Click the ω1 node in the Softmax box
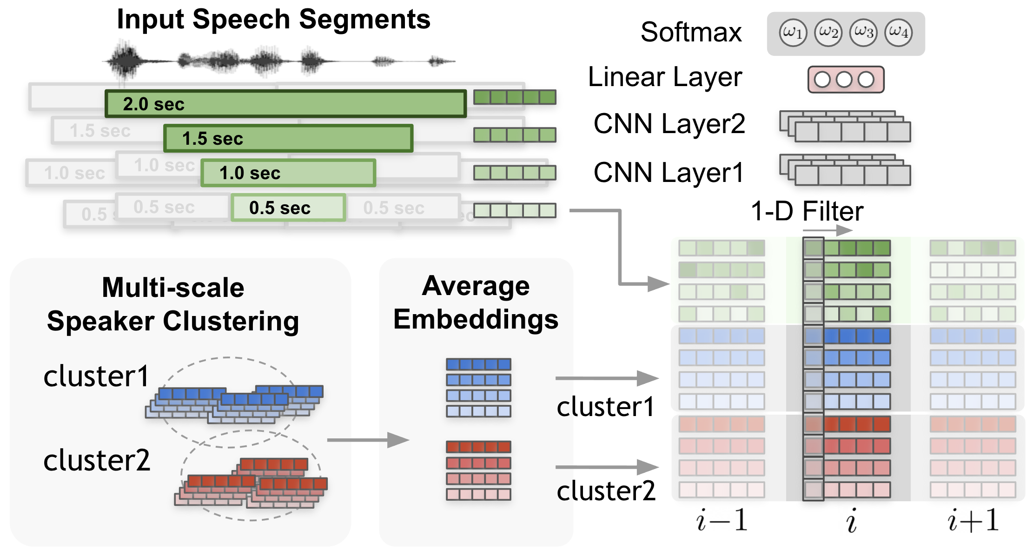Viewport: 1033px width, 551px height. click(x=793, y=33)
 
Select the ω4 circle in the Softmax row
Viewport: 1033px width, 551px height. click(x=898, y=33)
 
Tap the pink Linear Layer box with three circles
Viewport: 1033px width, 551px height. click(x=846, y=80)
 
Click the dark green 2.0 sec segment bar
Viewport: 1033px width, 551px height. click(x=285, y=104)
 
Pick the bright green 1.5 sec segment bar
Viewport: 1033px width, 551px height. click(x=288, y=138)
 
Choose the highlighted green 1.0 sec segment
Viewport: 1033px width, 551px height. click(x=288, y=173)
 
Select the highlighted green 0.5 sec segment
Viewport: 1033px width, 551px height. click(x=288, y=208)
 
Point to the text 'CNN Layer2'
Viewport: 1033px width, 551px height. click(x=669, y=124)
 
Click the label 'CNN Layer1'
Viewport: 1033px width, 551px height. click(x=669, y=173)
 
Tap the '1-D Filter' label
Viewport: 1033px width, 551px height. click(x=807, y=211)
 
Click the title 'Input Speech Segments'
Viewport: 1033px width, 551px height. click(x=273, y=20)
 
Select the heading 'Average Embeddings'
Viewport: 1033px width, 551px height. click(x=476, y=302)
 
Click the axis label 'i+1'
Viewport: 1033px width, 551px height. click(x=973, y=520)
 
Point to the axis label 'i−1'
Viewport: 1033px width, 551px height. click(x=722, y=520)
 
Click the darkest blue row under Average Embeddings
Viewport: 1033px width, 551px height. click(x=478, y=364)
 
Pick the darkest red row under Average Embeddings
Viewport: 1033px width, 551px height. click(x=478, y=447)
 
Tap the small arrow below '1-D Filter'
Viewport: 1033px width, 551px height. click(x=828, y=230)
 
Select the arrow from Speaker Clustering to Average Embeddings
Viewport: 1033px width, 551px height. click(x=367, y=440)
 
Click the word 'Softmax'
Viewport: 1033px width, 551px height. click(x=691, y=33)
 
